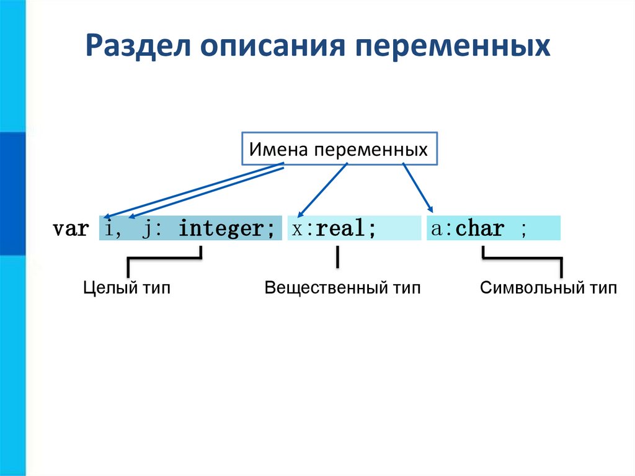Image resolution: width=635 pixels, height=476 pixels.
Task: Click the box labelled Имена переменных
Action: click(x=339, y=149)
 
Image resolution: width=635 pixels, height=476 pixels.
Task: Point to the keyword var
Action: click(x=71, y=229)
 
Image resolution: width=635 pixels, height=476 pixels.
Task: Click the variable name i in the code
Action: click(x=110, y=229)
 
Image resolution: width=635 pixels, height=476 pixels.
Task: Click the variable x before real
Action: click(x=297, y=229)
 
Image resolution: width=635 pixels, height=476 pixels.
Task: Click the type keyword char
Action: click(x=479, y=229)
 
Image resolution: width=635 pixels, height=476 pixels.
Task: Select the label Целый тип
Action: click(x=127, y=288)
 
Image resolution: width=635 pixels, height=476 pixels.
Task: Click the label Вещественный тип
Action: click(x=342, y=288)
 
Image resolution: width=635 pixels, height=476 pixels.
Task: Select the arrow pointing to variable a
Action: click(x=417, y=187)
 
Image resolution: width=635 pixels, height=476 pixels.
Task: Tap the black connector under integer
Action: click(x=164, y=258)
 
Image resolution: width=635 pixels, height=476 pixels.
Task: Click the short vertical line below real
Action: click(x=337, y=257)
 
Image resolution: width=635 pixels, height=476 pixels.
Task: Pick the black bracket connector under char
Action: click(x=523, y=259)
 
